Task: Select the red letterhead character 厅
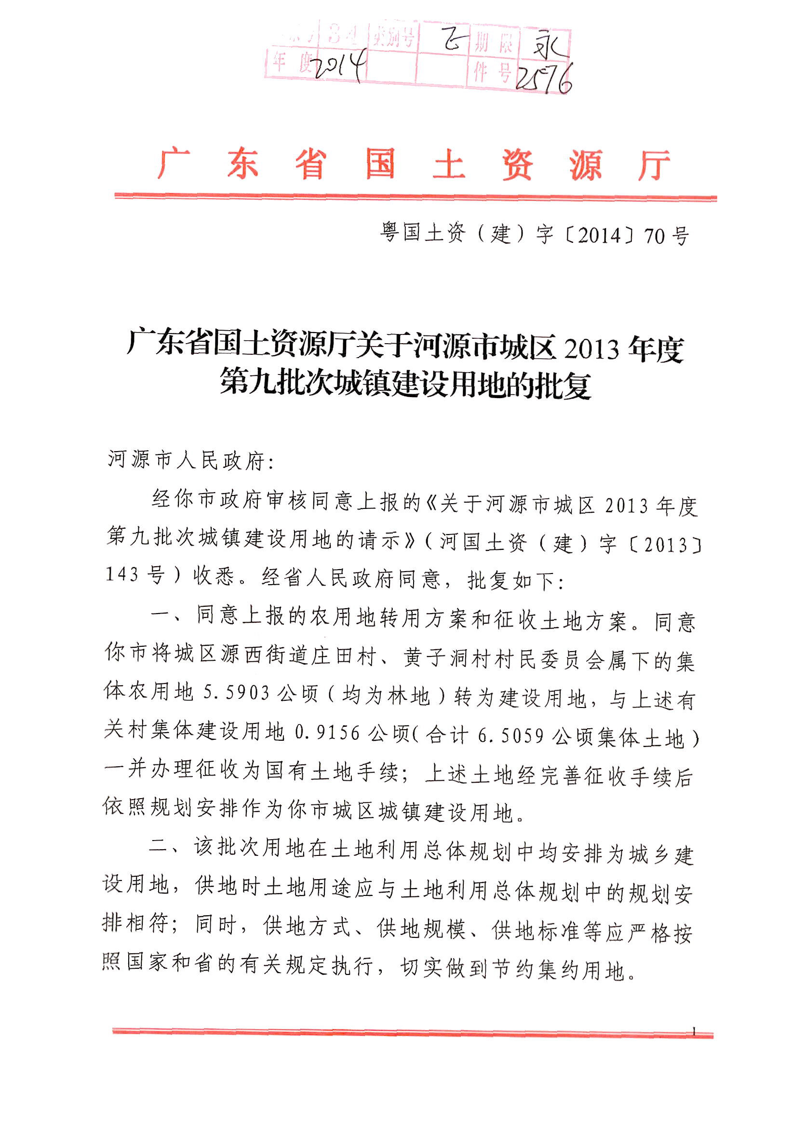pyautogui.click(x=653, y=164)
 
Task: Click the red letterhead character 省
pyautogui.click(x=311, y=164)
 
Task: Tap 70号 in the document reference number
pyautogui.click(x=666, y=236)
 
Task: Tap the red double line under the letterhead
pyautogui.click(x=416, y=197)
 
